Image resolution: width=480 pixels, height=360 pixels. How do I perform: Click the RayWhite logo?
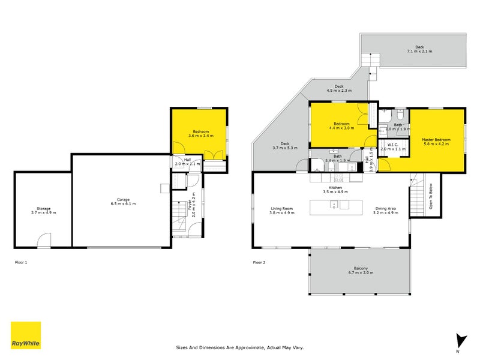coord(26,335)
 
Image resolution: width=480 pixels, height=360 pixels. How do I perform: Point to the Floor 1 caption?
coord(21,262)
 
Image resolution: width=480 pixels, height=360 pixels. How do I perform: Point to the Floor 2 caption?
coord(259,262)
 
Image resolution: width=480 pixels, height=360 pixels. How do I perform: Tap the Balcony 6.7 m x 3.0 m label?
coord(361,270)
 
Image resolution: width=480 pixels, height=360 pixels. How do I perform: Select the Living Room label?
coord(281,211)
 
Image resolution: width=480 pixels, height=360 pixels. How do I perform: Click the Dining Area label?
coord(386,211)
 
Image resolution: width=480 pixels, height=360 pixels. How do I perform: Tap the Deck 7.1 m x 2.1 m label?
coord(419,49)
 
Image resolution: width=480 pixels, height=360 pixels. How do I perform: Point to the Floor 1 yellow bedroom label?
coord(200,134)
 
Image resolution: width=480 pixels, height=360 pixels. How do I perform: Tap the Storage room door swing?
coord(44,241)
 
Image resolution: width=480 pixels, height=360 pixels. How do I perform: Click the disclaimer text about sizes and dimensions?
coord(240,347)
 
